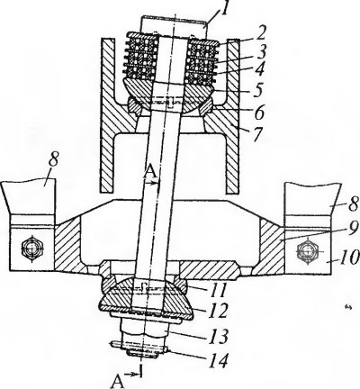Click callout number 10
[347, 258]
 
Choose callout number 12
[217, 310]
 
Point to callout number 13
[219, 336]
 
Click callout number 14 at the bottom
[218, 359]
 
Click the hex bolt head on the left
[32, 249]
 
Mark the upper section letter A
[150, 172]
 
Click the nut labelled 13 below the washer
[142, 331]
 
